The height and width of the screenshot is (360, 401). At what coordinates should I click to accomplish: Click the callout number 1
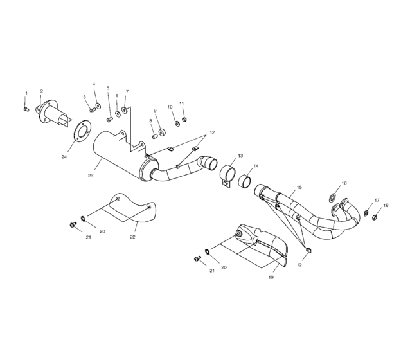pos(26,93)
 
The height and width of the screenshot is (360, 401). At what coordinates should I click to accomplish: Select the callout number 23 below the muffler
pos(91,174)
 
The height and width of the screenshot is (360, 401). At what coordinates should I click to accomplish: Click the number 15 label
pos(299,188)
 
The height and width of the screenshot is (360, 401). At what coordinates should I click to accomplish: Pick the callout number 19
pos(271,277)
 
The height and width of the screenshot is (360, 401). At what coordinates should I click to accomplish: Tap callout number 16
pos(344,183)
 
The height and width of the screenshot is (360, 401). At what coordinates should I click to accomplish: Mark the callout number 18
pos(386,206)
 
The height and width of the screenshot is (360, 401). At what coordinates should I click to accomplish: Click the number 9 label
pos(155,110)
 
